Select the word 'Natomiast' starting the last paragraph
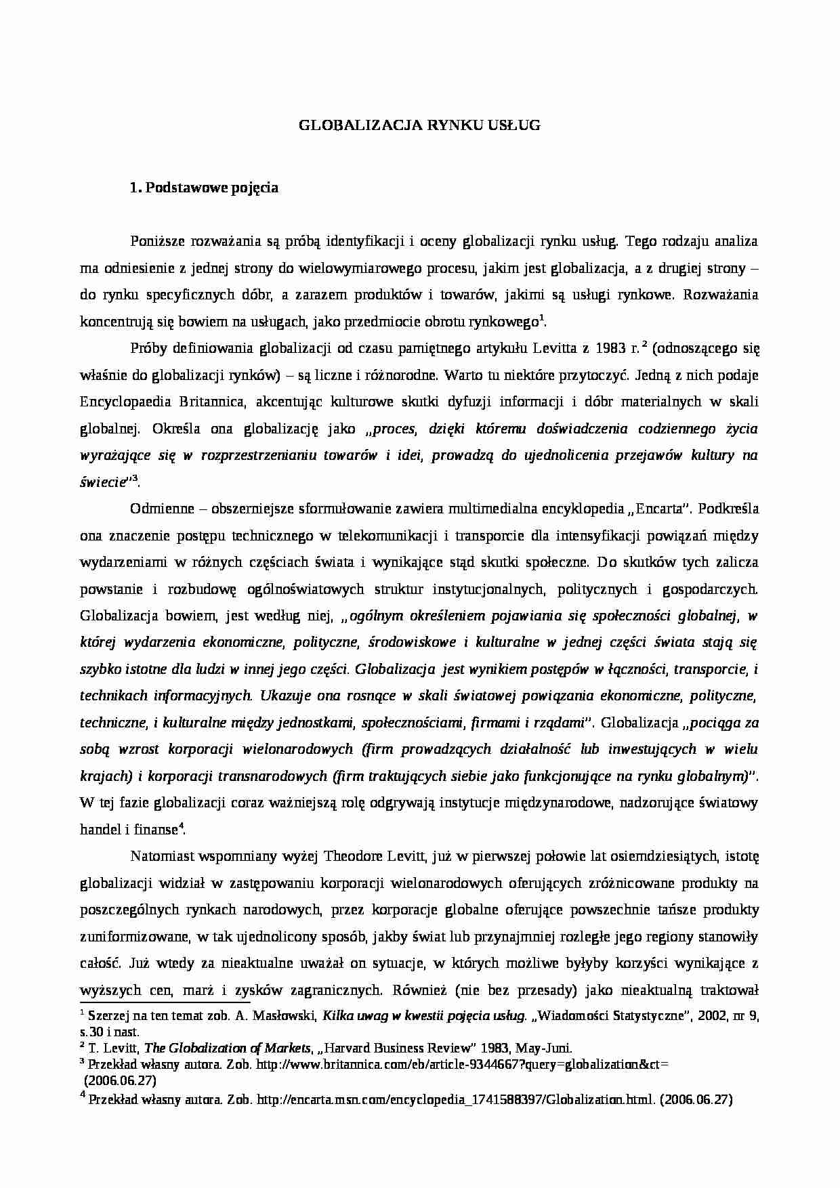coord(160,857)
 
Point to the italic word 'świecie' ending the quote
coord(102,482)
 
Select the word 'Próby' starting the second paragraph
coord(146,349)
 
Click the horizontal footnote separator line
coord(165,1000)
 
